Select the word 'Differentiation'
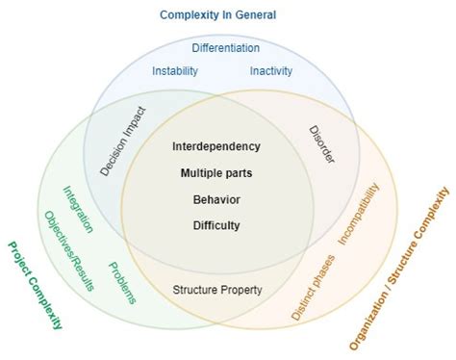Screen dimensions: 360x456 pyautogui.click(x=225, y=48)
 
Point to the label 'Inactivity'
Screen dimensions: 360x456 pyautogui.click(x=271, y=70)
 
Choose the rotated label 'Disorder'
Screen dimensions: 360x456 pyautogui.click(x=322, y=144)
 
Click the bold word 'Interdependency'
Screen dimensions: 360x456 pyautogui.click(x=216, y=146)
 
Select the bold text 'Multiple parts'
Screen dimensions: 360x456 pyautogui.click(x=216, y=173)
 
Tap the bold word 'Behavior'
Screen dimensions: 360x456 pyautogui.click(x=216, y=199)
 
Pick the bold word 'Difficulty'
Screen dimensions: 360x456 pyautogui.click(x=216, y=225)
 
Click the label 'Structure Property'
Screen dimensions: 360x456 pyautogui.click(x=217, y=289)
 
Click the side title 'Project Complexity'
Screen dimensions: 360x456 pyautogui.click(x=35, y=285)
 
